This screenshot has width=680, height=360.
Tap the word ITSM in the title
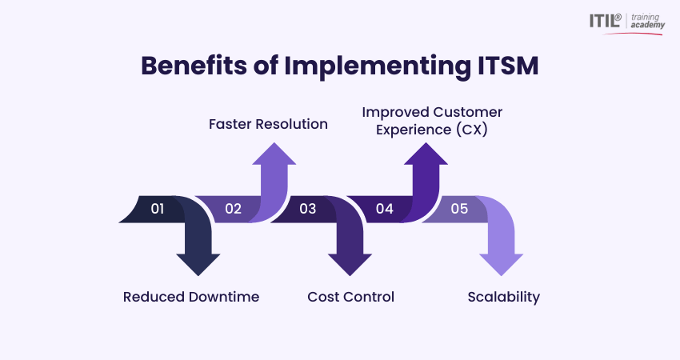(x=502, y=66)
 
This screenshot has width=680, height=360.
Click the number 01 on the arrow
(x=158, y=209)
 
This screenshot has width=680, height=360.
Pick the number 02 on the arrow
(x=233, y=209)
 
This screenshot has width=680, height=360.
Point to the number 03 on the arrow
(x=308, y=209)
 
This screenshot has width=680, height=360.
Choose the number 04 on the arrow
(x=385, y=209)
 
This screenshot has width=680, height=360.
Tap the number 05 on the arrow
(x=459, y=209)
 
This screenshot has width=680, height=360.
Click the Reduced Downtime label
(x=191, y=297)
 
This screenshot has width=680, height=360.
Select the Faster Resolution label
(x=268, y=124)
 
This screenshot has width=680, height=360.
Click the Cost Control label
(x=350, y=297)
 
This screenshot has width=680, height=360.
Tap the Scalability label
(x=503, y=297)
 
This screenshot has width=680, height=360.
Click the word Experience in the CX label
(x=406, y=128)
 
